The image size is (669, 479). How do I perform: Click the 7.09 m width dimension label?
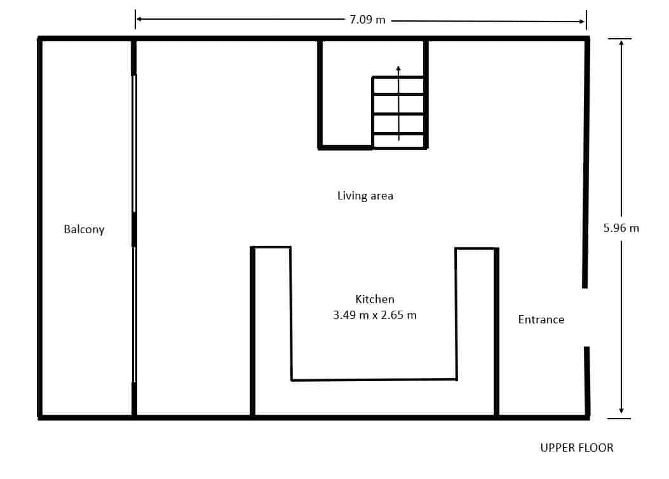click(367, 19)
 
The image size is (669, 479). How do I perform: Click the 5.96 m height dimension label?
click(621, 227)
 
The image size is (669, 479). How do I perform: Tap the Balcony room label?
click(84, 229)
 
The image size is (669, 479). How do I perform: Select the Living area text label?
click(365, 196)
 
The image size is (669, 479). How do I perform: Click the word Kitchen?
click(375, 299)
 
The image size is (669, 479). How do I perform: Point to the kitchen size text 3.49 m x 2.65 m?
click(375, 314)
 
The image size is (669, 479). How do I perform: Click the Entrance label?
click(541, 320)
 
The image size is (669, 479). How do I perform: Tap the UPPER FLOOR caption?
click(577, 448)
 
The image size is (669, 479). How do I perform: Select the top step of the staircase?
click(398, 86)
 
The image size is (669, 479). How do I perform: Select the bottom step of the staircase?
click(398, 141)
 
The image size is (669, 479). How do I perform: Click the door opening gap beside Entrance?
click(586, 317)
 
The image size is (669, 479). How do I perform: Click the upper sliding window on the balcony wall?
click(134, 143)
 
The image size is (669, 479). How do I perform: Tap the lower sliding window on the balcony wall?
click(134, 314)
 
